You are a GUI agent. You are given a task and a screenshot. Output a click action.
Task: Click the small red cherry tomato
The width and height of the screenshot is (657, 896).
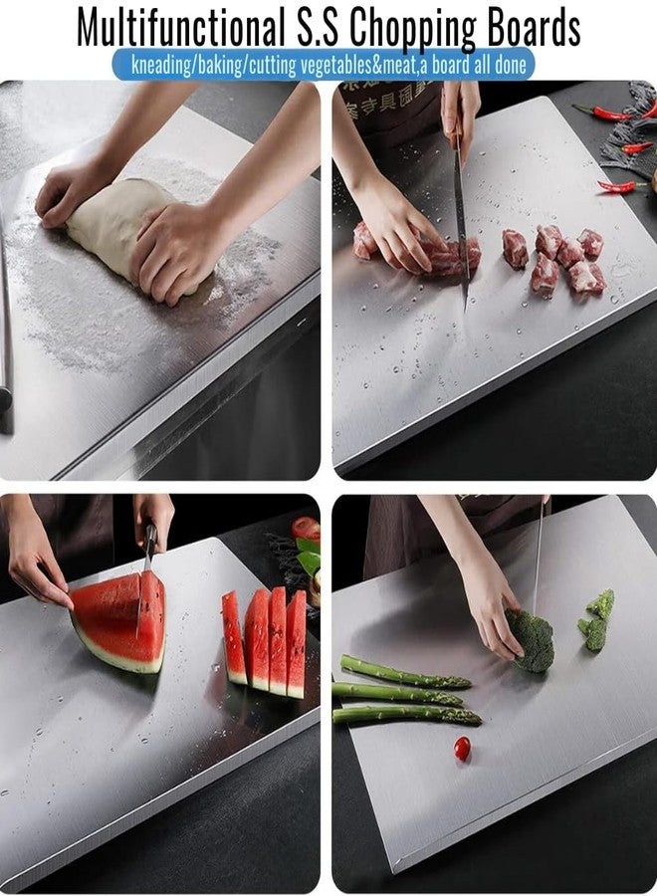[462, 748]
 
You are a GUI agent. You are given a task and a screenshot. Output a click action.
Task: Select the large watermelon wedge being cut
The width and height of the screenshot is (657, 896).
[119, 622]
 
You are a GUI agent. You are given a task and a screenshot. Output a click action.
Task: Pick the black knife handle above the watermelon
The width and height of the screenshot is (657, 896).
[150, 543]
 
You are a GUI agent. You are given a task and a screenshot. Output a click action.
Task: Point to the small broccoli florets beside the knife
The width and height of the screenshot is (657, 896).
[596, 619]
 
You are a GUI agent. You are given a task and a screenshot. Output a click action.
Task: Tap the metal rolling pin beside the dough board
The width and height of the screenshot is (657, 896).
[5, 329]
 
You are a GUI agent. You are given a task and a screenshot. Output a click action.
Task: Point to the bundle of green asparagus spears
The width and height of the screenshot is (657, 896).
[403, 692]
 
